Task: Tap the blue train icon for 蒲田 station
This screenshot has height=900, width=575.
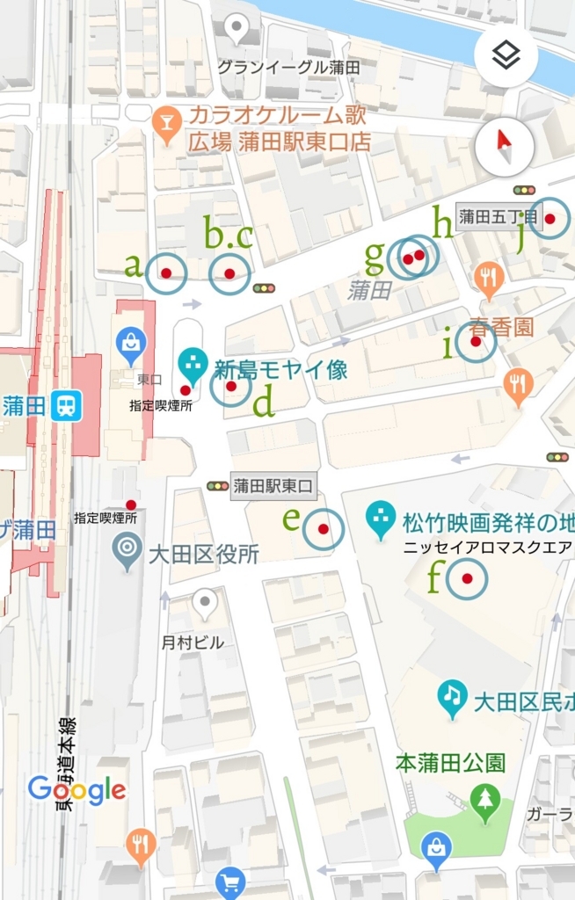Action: (67, 405)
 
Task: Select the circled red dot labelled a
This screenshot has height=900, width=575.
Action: (166, 273)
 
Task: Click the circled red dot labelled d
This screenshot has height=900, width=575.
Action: (231, 386)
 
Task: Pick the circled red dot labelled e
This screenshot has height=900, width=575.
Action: (324, 529)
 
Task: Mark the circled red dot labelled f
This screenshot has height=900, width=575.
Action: (467, 578)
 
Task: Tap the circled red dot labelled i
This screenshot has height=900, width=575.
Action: (476, 344)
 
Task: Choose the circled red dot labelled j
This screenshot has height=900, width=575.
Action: (550, 218)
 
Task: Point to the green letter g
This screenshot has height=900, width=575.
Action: (375, 257)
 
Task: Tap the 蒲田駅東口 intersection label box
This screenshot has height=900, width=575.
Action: (273, 486)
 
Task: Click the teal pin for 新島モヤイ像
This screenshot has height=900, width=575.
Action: (193, 363)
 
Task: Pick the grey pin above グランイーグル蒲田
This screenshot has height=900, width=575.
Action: (237, 31)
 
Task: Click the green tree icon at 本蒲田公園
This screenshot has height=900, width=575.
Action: (484, 800)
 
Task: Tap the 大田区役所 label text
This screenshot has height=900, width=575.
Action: (203, 555)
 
